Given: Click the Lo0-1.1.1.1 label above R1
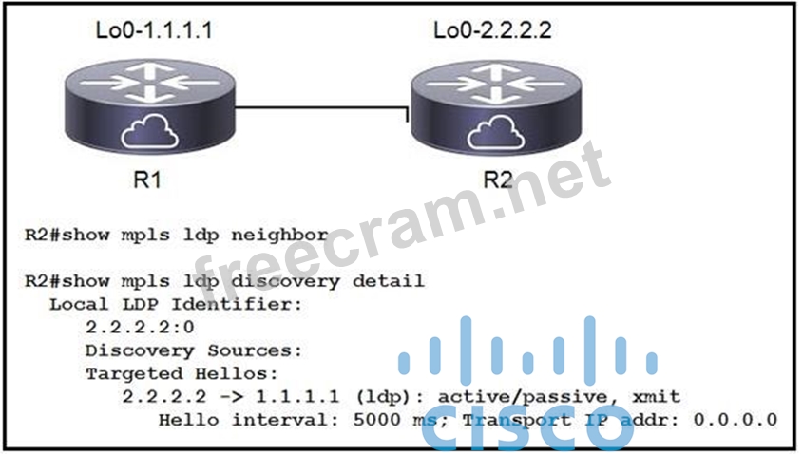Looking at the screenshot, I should coord(153,29).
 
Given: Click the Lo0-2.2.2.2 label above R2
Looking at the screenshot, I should coord(492,29).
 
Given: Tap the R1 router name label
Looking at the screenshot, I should coord(147,180).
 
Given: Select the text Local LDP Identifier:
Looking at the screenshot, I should coord(175,304).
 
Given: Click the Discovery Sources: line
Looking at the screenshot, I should coord(193,350).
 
